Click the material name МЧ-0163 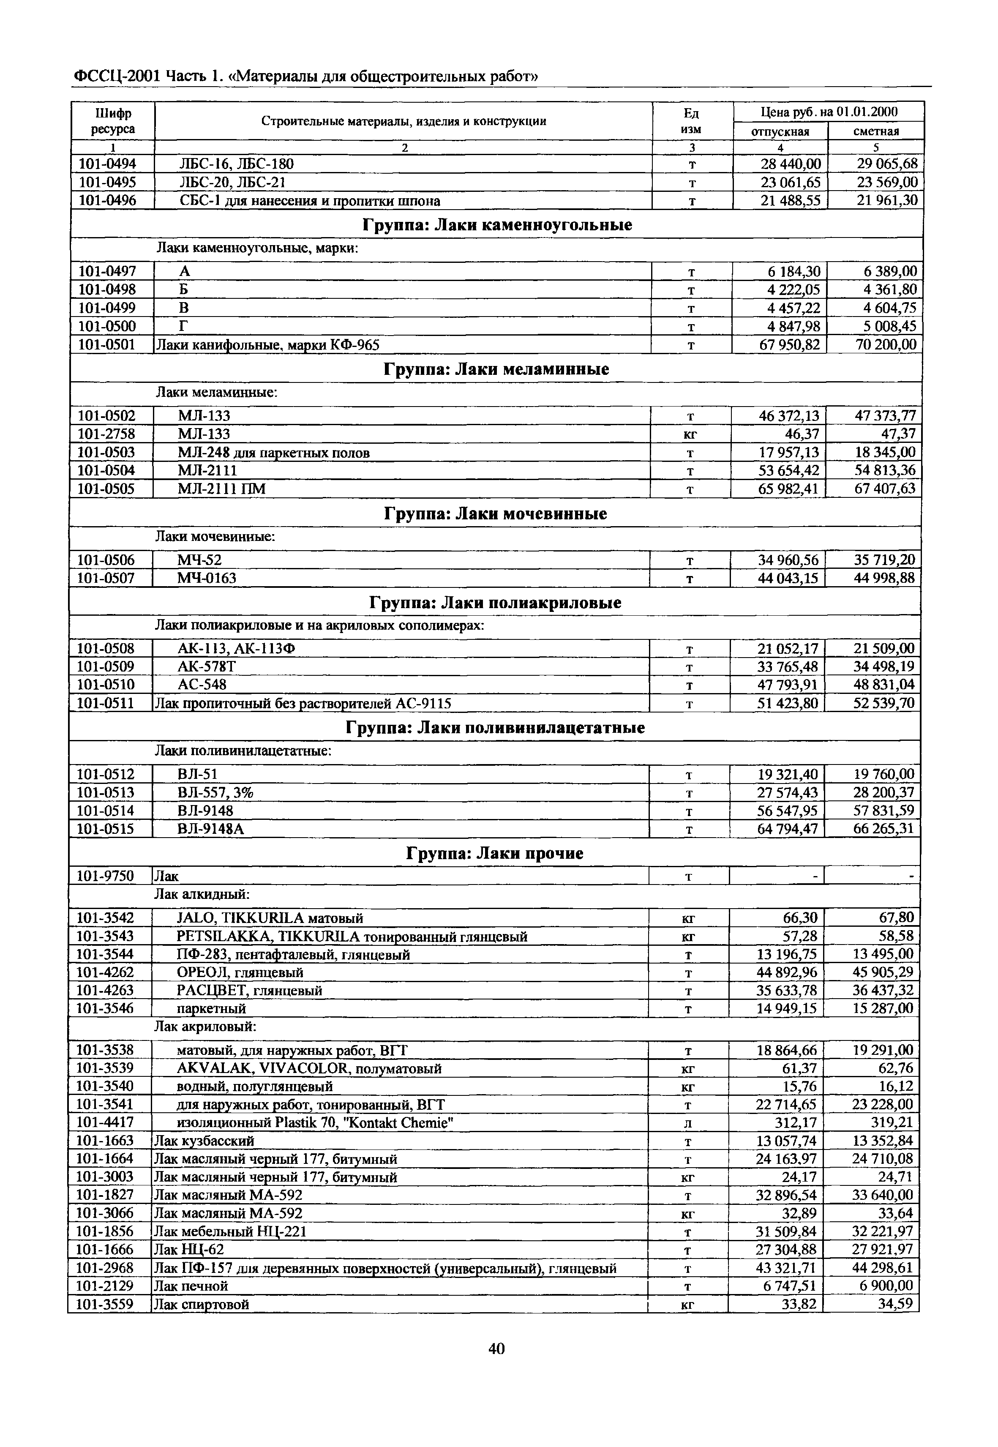[207, 579]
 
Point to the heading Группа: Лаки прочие [495, 854]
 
